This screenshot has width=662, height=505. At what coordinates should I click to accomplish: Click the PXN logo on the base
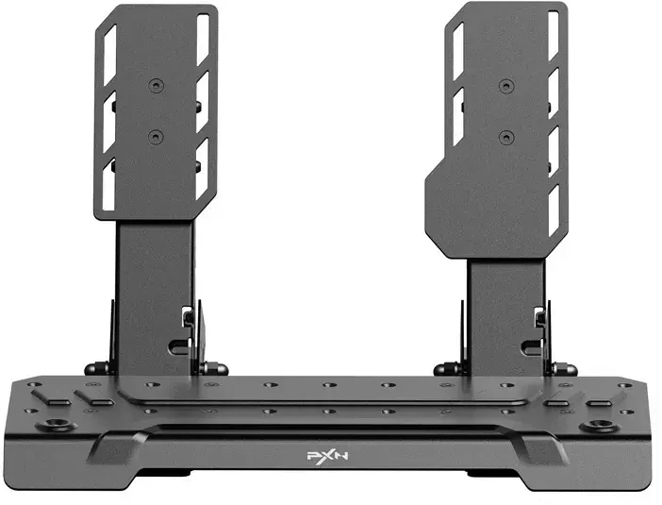(x=327, y=456)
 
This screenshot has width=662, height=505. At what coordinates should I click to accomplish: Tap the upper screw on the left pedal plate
(x=157, y=86)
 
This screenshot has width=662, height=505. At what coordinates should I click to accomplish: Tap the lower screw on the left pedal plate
(x=157, y=137)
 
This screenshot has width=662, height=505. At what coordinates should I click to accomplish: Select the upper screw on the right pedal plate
(x=506, y=86)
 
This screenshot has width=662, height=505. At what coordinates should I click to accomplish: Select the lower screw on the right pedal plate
(x=505, y=138)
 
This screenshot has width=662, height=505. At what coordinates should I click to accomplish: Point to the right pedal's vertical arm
(x=506, y=317)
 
